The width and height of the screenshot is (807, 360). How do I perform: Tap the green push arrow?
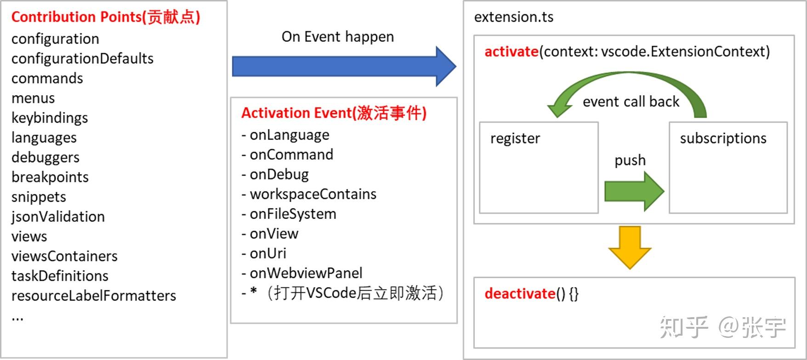(634, 191)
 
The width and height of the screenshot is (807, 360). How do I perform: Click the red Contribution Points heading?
(105, 17)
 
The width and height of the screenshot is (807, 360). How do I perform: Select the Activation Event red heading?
(334, 113)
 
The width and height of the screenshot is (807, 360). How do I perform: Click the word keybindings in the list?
(50, 118)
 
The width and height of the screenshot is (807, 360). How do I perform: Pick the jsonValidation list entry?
(58, 217)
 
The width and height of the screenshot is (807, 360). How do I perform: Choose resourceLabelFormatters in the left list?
(94, 296)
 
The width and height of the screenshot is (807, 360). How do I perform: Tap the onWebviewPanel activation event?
(306, 273)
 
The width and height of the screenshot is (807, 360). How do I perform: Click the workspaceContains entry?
(313, 194)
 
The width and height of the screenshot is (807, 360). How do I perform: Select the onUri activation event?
(267, 253)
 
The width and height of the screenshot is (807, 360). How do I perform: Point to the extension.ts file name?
(513, 17)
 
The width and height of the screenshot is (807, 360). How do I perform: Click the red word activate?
(511, 51)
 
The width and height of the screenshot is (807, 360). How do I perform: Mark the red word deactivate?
(520, 293)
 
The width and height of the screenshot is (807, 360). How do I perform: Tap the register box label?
(515, 138)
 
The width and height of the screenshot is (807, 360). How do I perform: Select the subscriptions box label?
(723, 138)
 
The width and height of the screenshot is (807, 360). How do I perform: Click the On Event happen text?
(337, 37)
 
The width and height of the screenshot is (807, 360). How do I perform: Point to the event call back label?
(631, 102)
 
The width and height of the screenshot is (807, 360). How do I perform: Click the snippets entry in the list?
(39, 197)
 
